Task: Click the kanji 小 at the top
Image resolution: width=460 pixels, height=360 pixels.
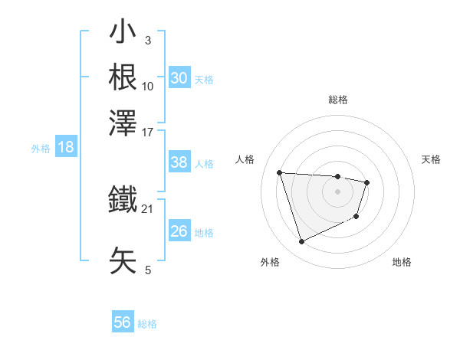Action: coord(123,34)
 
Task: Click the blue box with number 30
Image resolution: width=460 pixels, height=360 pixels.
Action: coord(179,78)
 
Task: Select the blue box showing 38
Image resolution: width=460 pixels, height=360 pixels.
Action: coord(179,162)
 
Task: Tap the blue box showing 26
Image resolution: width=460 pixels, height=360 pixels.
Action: coord(179,231)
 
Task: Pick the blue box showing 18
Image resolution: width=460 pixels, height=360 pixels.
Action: coord(66,148)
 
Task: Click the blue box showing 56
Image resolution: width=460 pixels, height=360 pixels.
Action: coord(123,322)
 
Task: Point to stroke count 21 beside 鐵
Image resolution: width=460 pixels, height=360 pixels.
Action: coord(148,208)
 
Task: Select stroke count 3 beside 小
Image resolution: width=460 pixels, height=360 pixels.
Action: coord(147,39)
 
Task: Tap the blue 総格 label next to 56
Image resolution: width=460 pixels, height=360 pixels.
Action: coord(147,324)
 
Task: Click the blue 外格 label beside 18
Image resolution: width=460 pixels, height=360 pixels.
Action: coord(41,149)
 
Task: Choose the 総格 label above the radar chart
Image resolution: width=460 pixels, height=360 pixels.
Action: coord(338,100)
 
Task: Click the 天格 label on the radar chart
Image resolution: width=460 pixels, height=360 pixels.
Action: coord(432,159)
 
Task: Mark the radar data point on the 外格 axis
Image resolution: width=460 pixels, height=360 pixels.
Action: coord(301,242)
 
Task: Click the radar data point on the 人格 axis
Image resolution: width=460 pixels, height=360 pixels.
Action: coord(280,172)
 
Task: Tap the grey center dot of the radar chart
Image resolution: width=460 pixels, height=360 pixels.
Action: coord(338,191)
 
